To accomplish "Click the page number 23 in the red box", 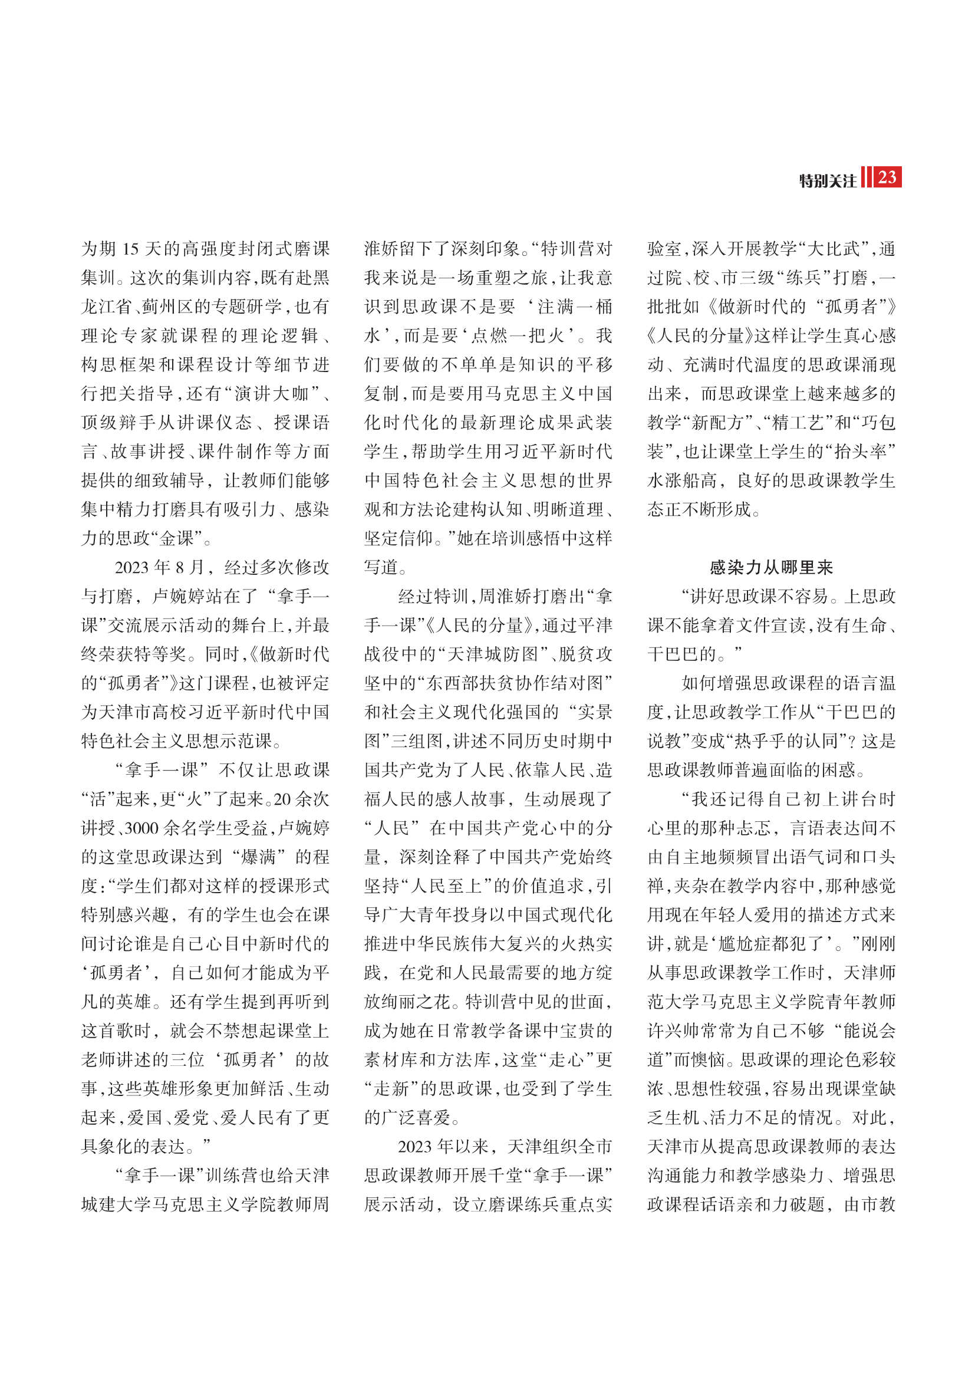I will point(887,178).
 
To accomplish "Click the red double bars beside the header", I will point(866,178).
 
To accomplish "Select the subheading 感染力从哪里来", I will point(772,567).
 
